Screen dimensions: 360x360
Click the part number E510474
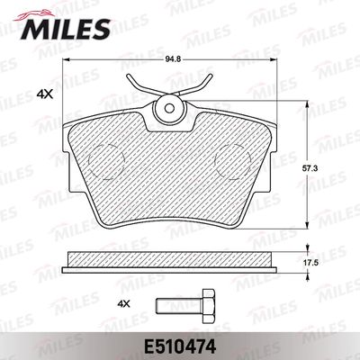coord(180,347)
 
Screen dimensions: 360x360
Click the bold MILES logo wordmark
coord(66,29)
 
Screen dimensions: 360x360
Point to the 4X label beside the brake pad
coord(44,94)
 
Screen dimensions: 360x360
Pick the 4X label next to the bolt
coord(123,304)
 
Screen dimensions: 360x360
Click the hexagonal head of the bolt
coord(209,306)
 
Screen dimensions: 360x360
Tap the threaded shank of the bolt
coord(179,306)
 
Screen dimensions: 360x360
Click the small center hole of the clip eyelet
coord(170,108)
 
